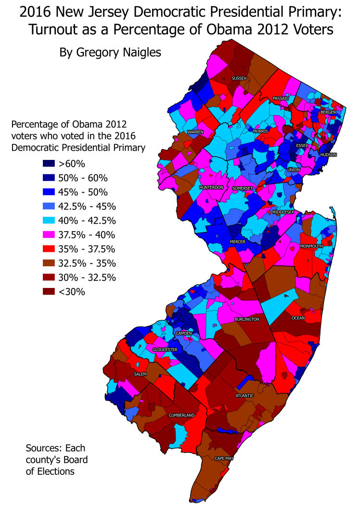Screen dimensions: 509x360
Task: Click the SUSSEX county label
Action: (x=239, y=78)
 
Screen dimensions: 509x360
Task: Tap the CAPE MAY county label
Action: (x=224, y=458)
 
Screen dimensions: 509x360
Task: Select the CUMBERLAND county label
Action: (x=181, y=415)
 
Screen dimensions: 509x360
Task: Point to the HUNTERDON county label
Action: (x=211, y=187)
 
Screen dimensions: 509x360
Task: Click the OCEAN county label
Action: (x=298, y=318)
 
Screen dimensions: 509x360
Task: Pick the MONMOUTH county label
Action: (x=311, y=246)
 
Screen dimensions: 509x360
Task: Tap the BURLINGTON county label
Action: (x=247, y=319)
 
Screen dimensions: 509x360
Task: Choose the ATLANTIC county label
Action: (x=244, y=395)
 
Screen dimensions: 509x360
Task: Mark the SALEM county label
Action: (x=140, y=374)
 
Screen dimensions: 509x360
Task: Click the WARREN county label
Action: (x=195, y=131)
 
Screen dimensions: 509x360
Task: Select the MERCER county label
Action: (x=238, y=241)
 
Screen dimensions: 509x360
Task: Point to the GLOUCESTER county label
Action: (x=165, y=349)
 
